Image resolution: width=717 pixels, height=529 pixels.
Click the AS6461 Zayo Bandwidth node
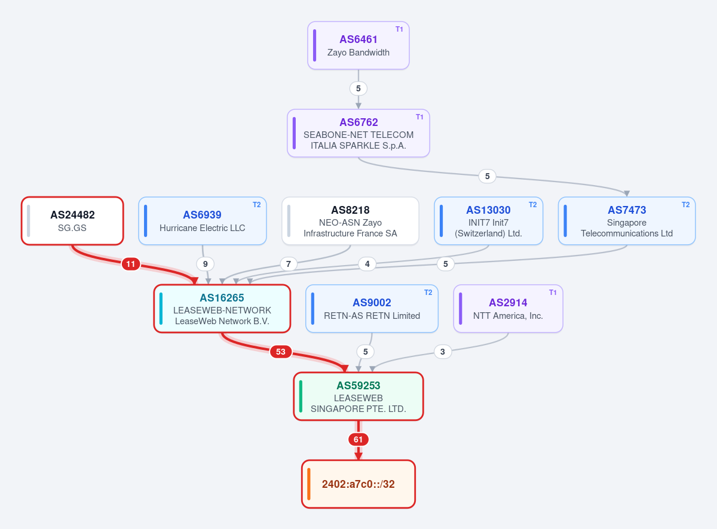pos(358,45)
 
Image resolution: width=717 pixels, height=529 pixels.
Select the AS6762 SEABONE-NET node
pos(358,133)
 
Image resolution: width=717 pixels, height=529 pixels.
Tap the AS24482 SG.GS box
pos(72,221)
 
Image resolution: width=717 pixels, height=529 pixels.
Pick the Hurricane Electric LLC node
pos(203,221)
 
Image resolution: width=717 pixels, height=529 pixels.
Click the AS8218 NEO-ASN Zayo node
pos(350,221)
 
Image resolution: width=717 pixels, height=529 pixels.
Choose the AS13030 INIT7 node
pos(488,221)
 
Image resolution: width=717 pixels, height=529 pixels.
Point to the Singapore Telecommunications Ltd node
pos(627,221)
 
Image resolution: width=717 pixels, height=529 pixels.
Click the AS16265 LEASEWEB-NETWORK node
pos(222,309)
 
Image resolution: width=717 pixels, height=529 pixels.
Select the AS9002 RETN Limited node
pos(372,309)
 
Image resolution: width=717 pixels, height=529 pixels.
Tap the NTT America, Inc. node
pos(508,309)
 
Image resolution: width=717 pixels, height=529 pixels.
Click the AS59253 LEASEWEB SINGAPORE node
pos(358,396)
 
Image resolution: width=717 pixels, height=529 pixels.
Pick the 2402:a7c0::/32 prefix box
pos(358,484)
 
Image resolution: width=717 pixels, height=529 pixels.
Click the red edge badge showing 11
pos(131,264)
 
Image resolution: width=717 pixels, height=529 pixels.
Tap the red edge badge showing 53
pos(281,352)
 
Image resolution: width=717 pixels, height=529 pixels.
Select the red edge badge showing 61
pos(358,439)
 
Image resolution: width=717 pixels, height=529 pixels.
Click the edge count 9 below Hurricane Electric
pos(206,264)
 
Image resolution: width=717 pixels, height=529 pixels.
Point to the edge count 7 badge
pos(289,264)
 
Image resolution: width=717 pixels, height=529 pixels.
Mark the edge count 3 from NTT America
pos(443,352)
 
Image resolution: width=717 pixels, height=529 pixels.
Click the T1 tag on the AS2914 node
pos(553,293)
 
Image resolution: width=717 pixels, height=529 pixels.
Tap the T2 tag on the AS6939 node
pos(257,205)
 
